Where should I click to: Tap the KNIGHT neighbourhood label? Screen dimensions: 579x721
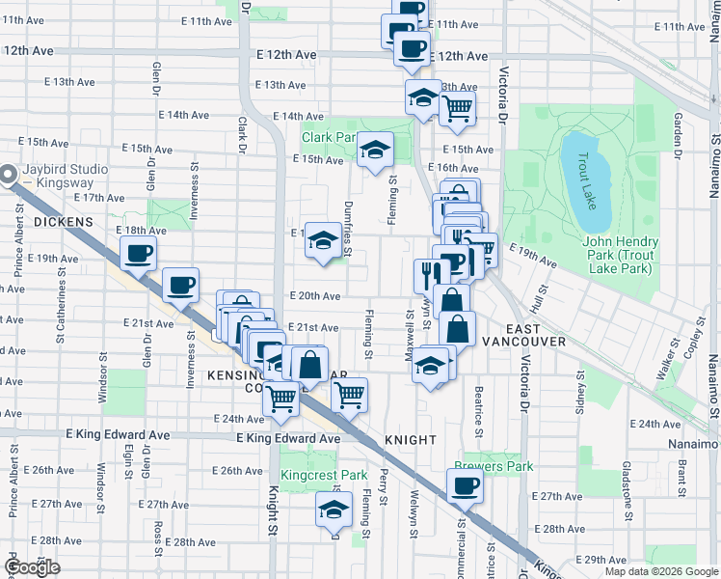412,440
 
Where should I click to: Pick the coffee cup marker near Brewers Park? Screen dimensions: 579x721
466,485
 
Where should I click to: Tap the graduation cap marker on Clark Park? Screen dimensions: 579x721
375,150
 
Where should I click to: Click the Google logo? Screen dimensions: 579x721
32,567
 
